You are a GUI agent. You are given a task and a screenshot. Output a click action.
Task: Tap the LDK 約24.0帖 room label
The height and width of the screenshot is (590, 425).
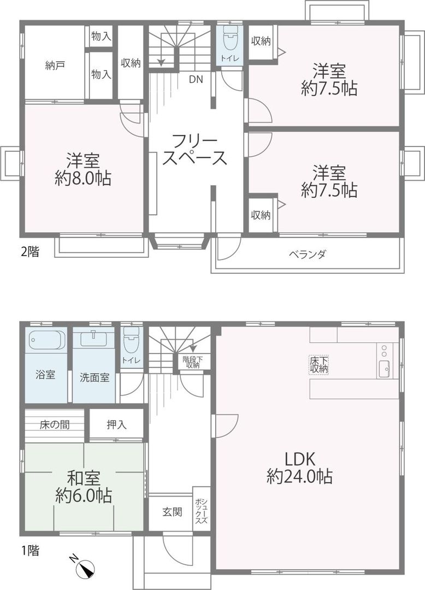(x=300, y=468)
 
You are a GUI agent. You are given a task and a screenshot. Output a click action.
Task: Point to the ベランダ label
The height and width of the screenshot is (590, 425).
(x=308, y=254)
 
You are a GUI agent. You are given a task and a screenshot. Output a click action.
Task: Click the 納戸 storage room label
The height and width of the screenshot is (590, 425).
(x=55, y=66)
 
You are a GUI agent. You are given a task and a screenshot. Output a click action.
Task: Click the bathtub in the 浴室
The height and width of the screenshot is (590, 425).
(x=46, y=340)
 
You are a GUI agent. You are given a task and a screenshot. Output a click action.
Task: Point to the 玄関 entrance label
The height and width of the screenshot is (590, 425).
(x=172, y=512)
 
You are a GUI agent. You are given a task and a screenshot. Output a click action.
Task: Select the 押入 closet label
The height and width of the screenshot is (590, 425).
(x=116, y=423)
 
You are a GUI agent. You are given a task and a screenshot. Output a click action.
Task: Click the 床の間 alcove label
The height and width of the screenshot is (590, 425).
(x=54, y=423)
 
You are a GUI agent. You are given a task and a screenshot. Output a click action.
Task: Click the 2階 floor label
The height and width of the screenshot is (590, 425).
(x=30, y=252)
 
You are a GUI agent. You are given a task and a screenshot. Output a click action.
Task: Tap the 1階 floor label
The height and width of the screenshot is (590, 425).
(x=30, y=551)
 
